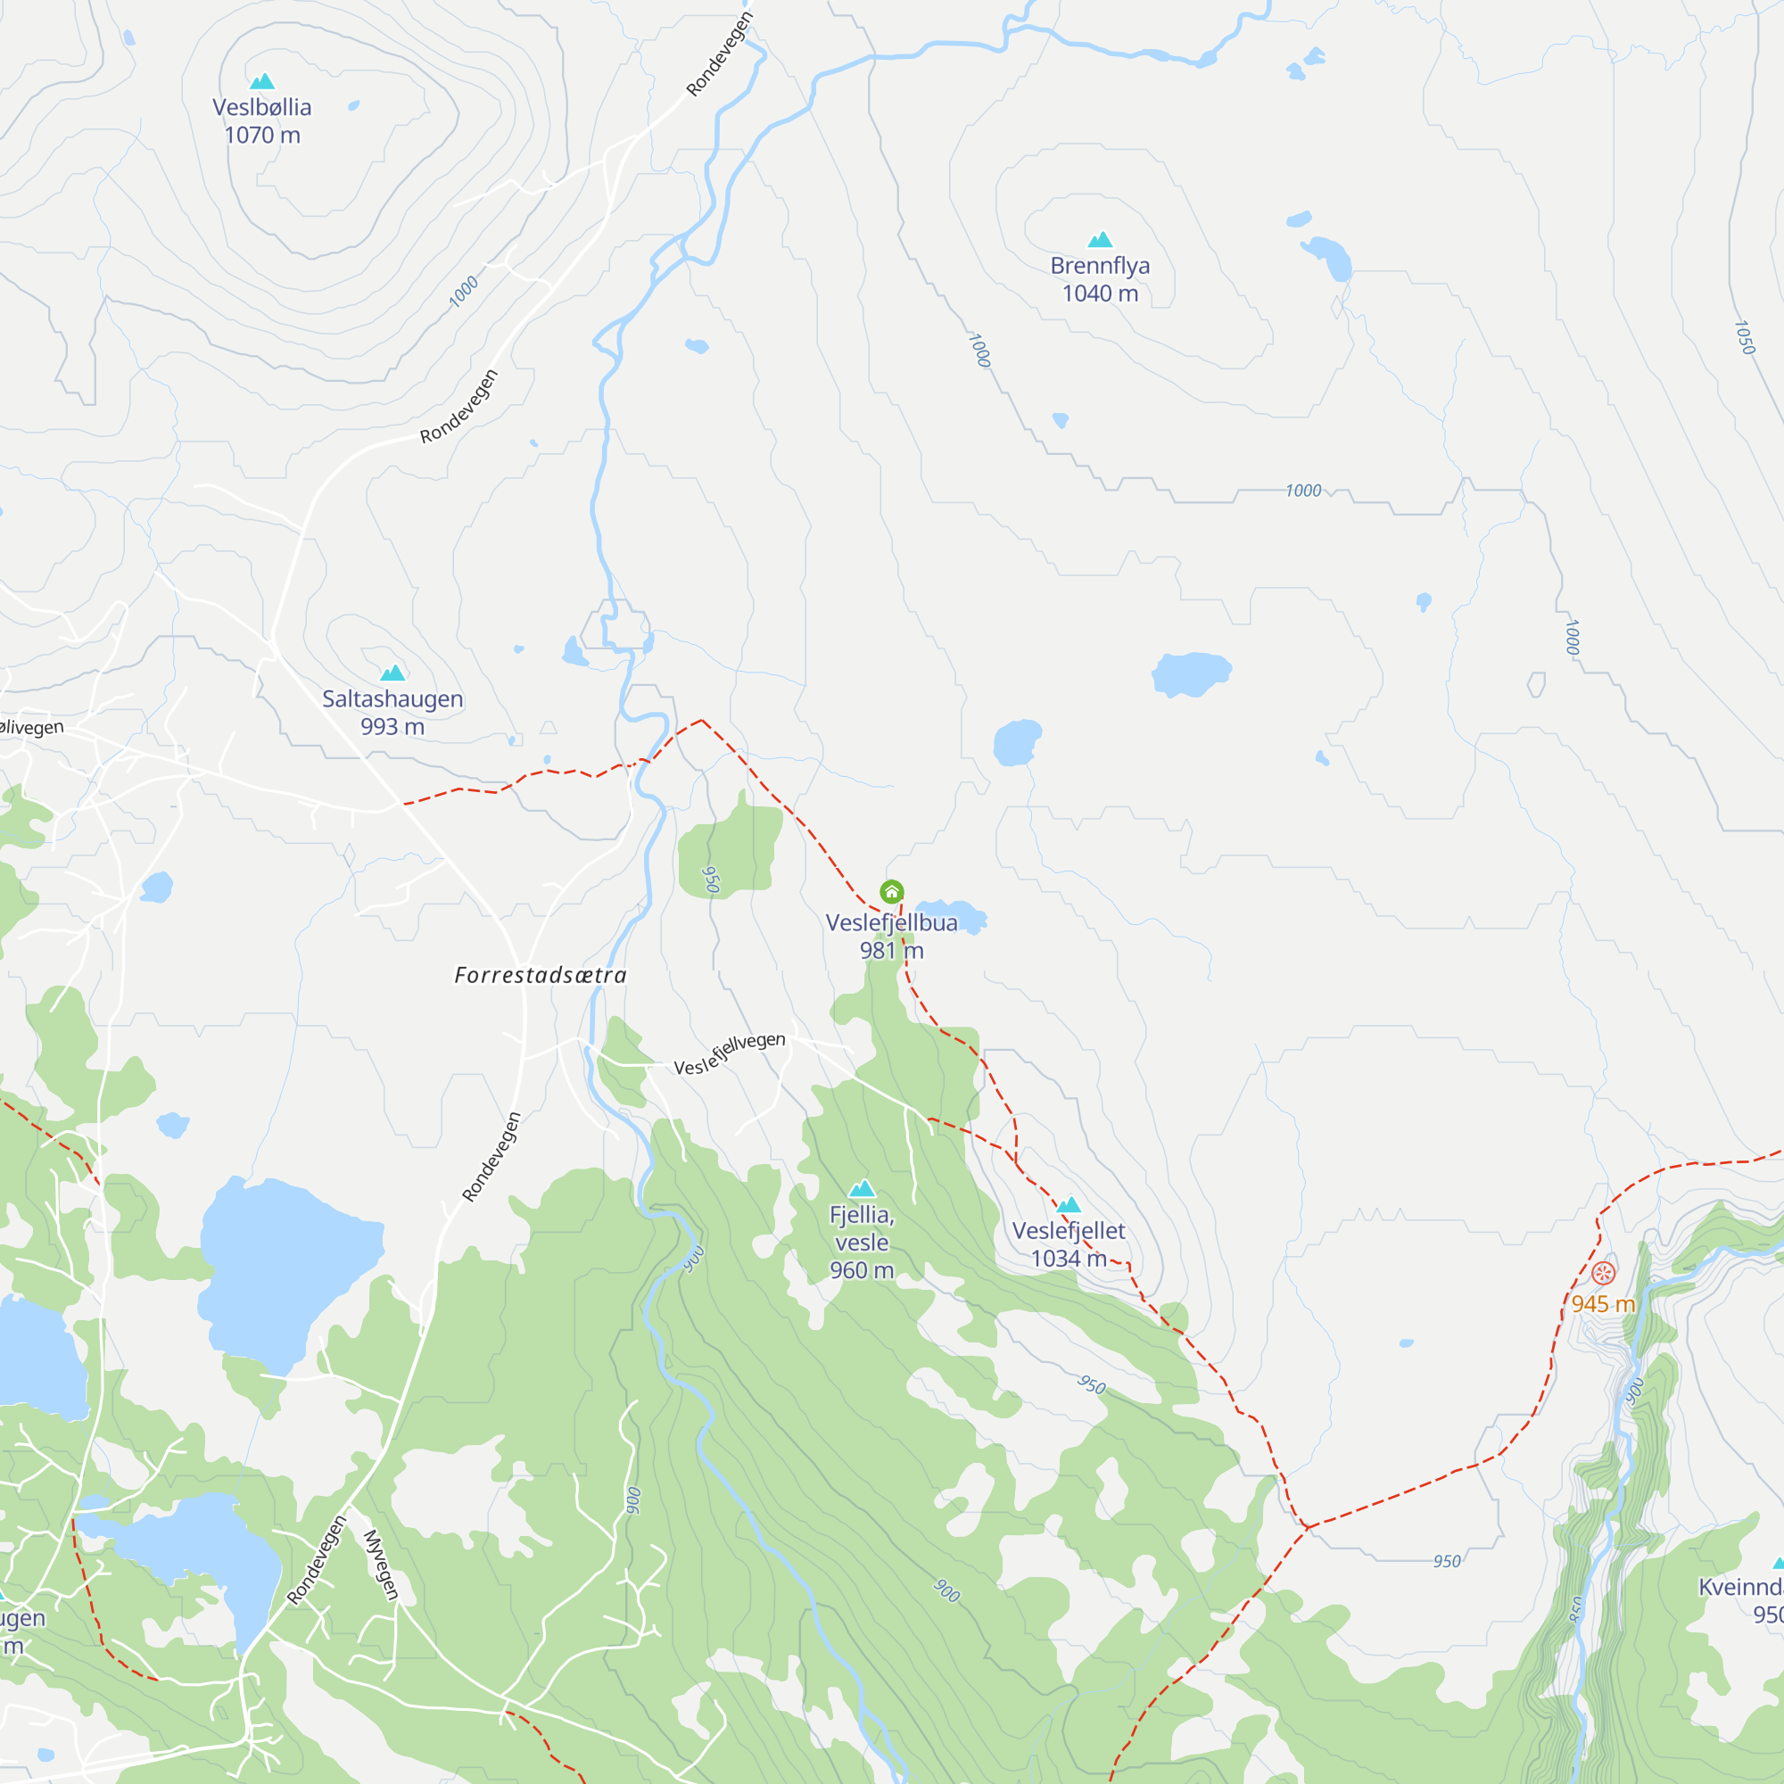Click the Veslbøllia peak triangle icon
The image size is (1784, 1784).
click(262, 81)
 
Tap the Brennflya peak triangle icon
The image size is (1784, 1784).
click(1100, 240)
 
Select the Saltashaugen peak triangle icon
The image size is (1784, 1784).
click(392, 673)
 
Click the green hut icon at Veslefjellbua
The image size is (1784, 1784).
click(891, 892)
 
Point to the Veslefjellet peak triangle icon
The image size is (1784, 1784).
click(1069, 1204)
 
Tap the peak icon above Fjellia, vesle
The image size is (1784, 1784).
click(862, 1188)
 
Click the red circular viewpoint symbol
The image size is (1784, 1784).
click(1604, 1274)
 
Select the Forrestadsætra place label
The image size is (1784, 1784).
click(541, 975)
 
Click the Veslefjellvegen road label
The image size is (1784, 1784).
click(730, 1054)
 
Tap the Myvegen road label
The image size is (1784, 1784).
click(381, 1565)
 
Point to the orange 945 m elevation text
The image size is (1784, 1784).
click(1603, 1304)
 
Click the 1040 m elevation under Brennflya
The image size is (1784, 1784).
click(1100, 293)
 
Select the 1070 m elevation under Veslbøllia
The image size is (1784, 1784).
click(262, 135)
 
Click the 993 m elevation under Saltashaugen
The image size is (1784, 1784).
click(392, 727)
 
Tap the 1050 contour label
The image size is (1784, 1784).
click(1743, 337)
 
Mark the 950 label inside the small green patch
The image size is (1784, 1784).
click(710, 880)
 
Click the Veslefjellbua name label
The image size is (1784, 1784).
click(891, 922)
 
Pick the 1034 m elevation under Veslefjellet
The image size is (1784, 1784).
click(1069, 1259)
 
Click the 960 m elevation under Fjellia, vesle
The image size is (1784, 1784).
click(862, 1270)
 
